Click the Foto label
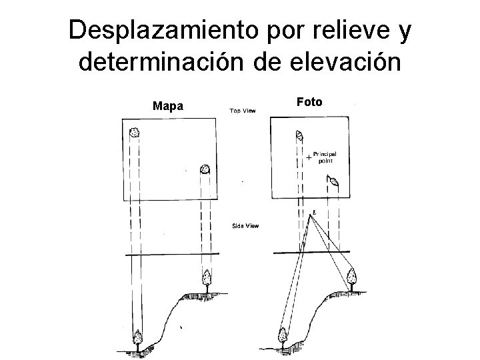coord(309,102)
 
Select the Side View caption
coord(245,226)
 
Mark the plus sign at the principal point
coord(308,158)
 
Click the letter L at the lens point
coord(314,213)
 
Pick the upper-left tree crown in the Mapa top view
coord(135,132)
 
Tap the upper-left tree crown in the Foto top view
coord(299,136)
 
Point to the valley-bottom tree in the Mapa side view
coord(139,338)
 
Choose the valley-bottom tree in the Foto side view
coord(282,337)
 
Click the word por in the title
coord(267,30)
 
